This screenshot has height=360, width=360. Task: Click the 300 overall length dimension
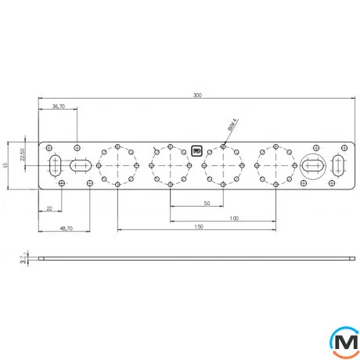(x=197, y=95)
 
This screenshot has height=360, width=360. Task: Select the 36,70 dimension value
(x=59, y=106)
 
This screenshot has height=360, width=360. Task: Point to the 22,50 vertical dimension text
(x=23, y=154)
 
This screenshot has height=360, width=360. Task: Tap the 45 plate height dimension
(x=5, y=165)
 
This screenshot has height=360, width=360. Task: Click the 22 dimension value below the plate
(x=49, y=208)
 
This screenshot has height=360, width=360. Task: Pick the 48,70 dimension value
(x=67, y=229)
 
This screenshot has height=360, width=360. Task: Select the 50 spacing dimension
(x=207, y=203)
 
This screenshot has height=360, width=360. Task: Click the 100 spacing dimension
(x=234, y=218)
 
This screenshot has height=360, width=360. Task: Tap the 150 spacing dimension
(x=199, y=226)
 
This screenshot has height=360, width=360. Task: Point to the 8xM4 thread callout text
(x=232, y=125)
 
